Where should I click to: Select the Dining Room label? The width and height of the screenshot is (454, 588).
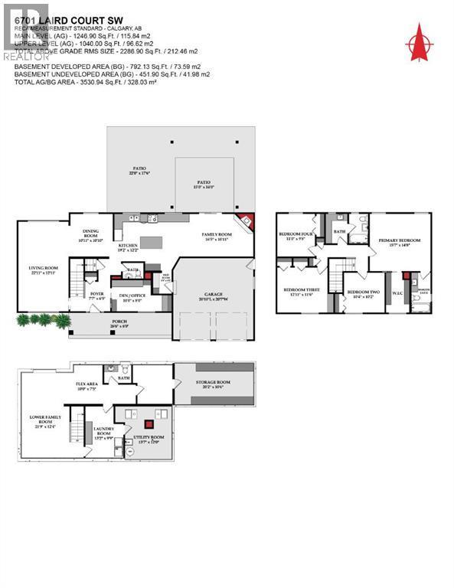pos(91,237)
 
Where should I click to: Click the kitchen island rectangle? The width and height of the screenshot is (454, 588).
pos(152,243)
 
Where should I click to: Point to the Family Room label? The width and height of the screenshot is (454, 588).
pos(216,237)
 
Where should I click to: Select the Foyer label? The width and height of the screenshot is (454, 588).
pos(96,295)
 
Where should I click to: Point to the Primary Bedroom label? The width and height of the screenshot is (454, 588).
pos(399,243)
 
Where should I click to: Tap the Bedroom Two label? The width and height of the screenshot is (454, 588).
pos(360,294)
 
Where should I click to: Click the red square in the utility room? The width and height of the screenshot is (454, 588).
pos(149,423)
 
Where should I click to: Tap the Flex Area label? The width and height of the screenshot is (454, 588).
pos(86,385)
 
